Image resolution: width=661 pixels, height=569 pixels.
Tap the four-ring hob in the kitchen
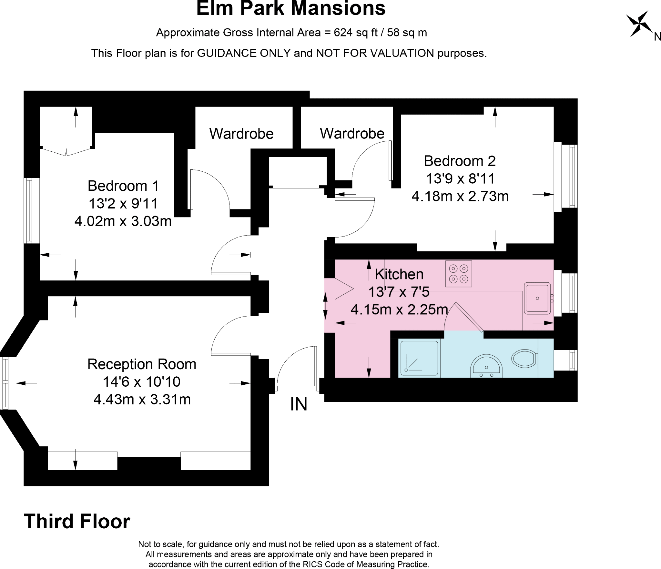coord(458,274)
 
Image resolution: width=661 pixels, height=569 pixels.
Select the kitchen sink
coord(537,298)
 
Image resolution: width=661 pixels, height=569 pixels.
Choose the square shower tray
coord(419,358)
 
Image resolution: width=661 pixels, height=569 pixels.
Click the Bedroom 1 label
coord(123,186)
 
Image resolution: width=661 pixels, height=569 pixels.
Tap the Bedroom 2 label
coord(460,161)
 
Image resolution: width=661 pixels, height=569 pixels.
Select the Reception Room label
coord(142,364)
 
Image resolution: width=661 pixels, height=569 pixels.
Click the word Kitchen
coord(399,274)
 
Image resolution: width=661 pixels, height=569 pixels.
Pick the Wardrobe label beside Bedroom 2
coord(352,133)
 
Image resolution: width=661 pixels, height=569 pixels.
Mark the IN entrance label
coord(299,404)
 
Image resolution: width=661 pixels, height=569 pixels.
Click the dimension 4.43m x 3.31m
coord(142,400)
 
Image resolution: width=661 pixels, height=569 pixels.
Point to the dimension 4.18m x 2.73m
coord(460,196)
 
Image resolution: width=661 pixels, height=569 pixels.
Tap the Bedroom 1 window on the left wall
coord(29,211)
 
